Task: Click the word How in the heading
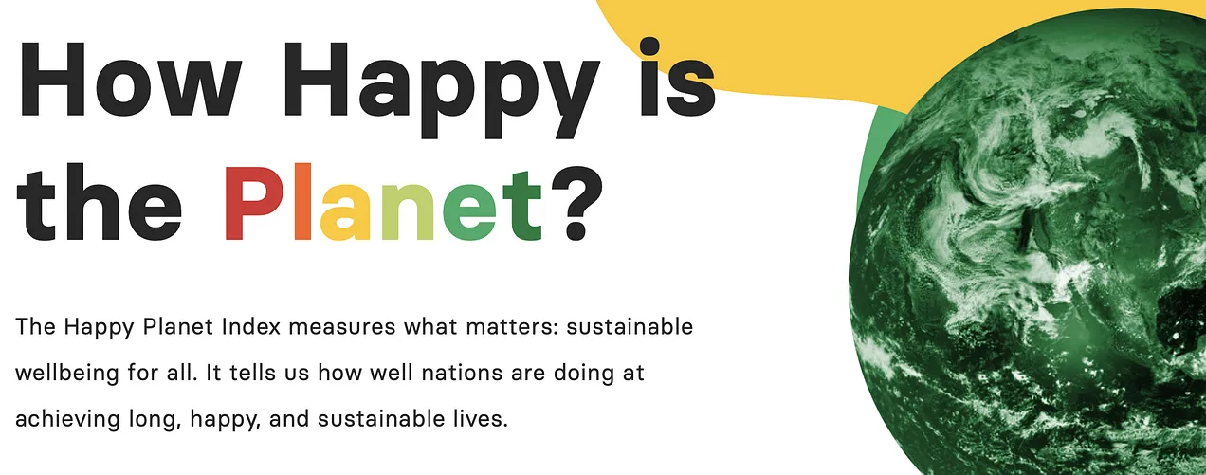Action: point(129,79)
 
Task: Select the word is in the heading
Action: point(678,77)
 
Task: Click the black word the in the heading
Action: point(99,203)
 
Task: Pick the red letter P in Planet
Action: point(253,203)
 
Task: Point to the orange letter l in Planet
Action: point(303,201)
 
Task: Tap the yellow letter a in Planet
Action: point(345,211)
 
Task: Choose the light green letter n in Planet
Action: point(407,211)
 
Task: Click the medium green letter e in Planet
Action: point(469,211)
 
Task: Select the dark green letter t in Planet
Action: point(522,205)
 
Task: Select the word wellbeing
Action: point(67,374)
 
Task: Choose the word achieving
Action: point(68,420)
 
